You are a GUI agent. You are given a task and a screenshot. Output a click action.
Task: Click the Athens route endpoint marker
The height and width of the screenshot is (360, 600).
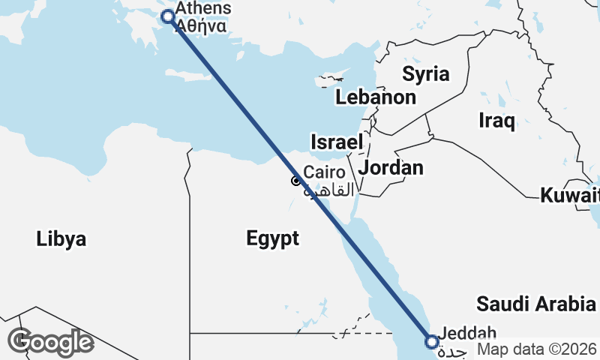[x=168, y=16]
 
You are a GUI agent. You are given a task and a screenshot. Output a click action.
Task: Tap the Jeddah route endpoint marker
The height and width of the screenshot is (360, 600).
[x=432, y=342]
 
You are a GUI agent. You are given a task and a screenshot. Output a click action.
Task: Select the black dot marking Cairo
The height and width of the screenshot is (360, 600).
[x=296, y=181]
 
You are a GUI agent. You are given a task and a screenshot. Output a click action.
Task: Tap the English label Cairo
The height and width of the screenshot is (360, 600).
[x=324, y=172]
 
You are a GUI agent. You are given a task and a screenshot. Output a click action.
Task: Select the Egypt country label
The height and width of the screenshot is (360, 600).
[x=272, y=238]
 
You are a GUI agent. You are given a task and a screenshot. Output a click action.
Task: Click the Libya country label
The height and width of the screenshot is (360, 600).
[x=61, y=239]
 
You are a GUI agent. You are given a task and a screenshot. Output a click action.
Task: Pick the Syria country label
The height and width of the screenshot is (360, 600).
[x=425, y=73]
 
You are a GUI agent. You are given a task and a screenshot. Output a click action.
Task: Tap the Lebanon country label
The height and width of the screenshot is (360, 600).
[x=375, y=97]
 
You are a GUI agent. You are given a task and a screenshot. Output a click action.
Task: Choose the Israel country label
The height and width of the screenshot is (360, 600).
[x=337, y=142]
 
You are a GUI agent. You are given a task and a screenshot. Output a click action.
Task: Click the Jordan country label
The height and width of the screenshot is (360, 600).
[x=391, y=167]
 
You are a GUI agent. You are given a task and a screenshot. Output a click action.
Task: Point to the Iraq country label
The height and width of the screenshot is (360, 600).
[x=496, y=120]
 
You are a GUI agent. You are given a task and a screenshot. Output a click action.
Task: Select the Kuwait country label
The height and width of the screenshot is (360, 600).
[x=569, y=196]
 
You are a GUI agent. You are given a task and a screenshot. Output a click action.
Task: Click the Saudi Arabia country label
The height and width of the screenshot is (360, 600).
[x=535, y=304]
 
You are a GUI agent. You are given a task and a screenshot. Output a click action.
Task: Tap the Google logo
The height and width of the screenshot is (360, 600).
[x=50, y=341]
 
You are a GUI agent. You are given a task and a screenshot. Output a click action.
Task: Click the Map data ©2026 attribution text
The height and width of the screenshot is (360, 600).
[x=537, y=349]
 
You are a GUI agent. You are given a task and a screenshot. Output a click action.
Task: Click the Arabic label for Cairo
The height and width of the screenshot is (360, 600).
[x=328, y=190]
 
